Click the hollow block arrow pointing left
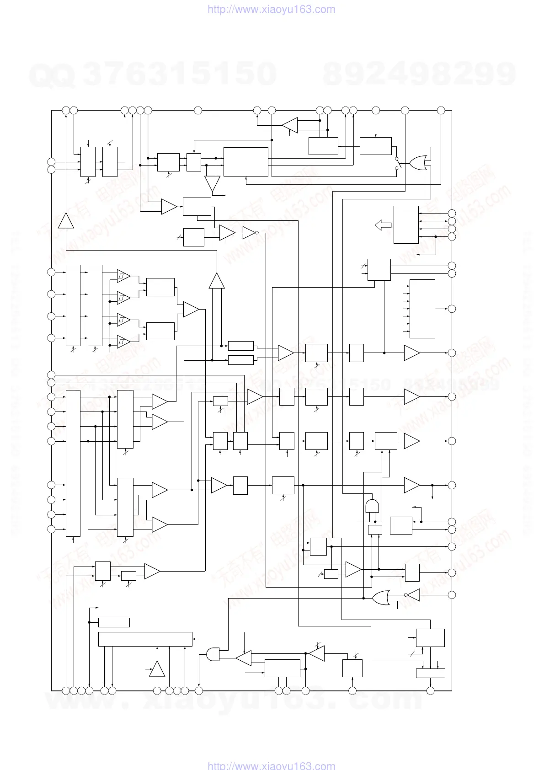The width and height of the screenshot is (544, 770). coord(383,225)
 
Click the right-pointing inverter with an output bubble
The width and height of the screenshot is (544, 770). coord(250,233)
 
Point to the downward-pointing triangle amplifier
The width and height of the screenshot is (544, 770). coord(212,183)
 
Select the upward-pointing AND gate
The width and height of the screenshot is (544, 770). coord(373,507)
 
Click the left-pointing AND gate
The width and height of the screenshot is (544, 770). coord(213,654)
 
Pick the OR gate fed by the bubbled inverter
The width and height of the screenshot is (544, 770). coord(381,597)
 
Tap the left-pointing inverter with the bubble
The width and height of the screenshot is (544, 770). coord(413,595)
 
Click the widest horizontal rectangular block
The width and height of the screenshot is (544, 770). coord(145,639)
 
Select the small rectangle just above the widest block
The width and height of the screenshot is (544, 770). coord(114,622)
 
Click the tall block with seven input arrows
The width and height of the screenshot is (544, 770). coord(422,309)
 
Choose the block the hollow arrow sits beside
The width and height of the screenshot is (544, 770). coord(406,225)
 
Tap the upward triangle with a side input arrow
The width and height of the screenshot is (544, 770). coord(157,669)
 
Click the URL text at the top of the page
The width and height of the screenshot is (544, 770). coord(272,9)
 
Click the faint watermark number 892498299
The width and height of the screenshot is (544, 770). coord(419,74)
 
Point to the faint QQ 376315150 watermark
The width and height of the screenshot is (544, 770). coord(153,74)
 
